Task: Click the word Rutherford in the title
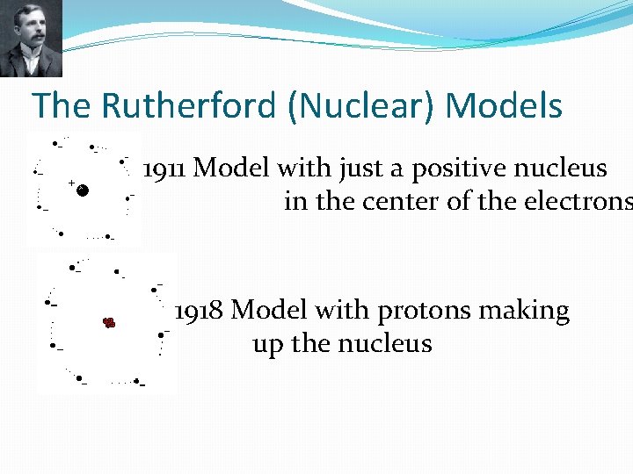coord(191,106)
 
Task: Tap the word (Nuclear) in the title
coord(362,106)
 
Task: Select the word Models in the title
coord(504,106)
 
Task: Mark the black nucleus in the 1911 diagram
coord(82,190)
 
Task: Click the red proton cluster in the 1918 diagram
coord(109,323)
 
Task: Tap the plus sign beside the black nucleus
coord(71,183)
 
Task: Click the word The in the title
coord(62,106)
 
